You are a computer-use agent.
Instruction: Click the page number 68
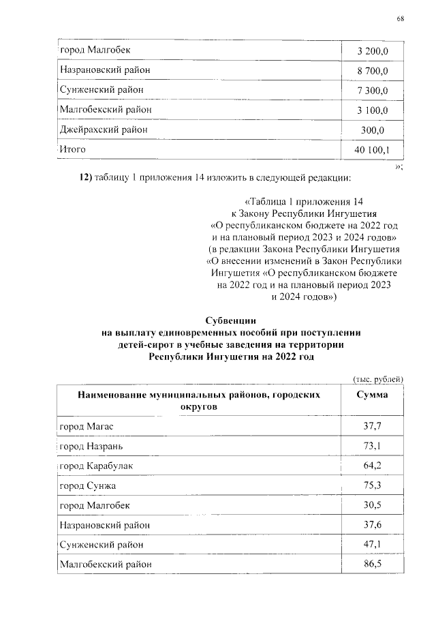pyautogui.click(x=400, y=18)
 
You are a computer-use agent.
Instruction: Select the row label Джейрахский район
pyautogui.click(x=104, y=129)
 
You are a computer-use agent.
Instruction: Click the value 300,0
pyautogui.click(x=373, y=130)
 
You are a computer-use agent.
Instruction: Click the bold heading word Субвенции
pyautogui.click(x=232, y=320)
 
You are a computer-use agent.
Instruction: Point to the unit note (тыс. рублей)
pyautogui.click(x=378, y=378)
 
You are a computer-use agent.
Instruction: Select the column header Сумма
pyautogui.click(x=373, y=395)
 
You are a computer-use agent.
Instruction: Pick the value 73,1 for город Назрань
pyautogui.click(x=373, y=447)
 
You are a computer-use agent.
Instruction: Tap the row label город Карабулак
pyautogui.click(x=96, y=466)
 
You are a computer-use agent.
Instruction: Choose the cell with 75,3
pyautogui.click(x=373, y=485)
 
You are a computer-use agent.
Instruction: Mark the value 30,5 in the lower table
pyautogui.click(x=373, y=505)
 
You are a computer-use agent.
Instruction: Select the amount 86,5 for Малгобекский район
pyautogui.click(x=373, y=565)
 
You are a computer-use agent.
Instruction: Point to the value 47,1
pyautogui.click(x=373, y=545)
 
